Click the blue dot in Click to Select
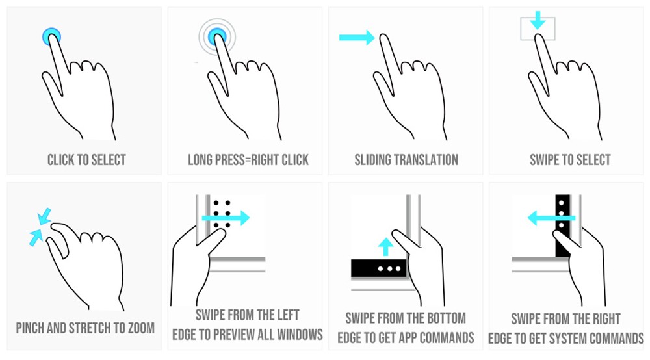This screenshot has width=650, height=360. pyautogui.click(x=52, y=36)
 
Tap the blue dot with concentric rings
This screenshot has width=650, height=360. pyautogui.click(x=217, y=36)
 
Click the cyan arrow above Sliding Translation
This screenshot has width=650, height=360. pyautogui.click(x=357, y=37)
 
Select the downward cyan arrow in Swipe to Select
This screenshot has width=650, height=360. pyautogui.click(x=538, y=20)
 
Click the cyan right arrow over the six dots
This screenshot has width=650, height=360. pyautogui.click(x=226, y=218)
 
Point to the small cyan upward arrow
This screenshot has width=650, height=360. pyautogui.click(x=386, y=247)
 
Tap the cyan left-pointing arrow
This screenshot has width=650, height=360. pyautogui.click(x=551, y=218)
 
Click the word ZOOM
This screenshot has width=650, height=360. pyautogui.click(x=141, y=328)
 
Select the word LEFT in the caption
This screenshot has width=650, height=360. pyautogui.click(x=289, y=315)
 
